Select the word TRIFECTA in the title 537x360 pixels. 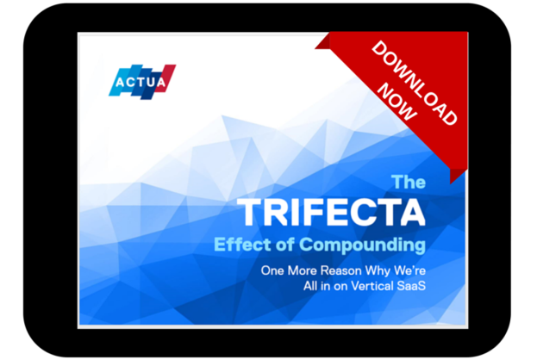pos(331,213)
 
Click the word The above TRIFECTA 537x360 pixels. pos(409,182)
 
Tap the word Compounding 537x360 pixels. pos(371,245)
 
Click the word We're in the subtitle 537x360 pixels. pos(409,270)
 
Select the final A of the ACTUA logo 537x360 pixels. pos(165,83)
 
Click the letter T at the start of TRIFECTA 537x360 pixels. pos(249,213)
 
